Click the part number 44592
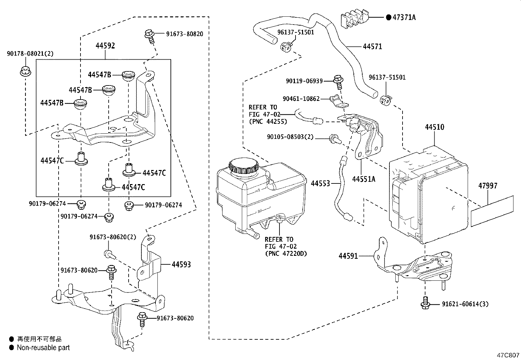[x=105, y=46]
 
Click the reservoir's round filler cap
[x=243, y=166]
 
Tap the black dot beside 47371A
[x=388, y=17]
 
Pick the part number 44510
[x=435, y=127]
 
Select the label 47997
[x=488, y=186]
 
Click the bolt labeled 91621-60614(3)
[x=425, y=303]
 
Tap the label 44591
[x=348, y=256]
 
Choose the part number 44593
[x=181, y=264]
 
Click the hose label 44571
[x=372, y=47]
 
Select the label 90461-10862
[x=301, y=99]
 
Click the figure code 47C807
[x=508, y=355]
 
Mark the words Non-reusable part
[x=43, y=348]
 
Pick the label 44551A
[x=364, y=179]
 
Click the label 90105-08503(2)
[x=290, y=137]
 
